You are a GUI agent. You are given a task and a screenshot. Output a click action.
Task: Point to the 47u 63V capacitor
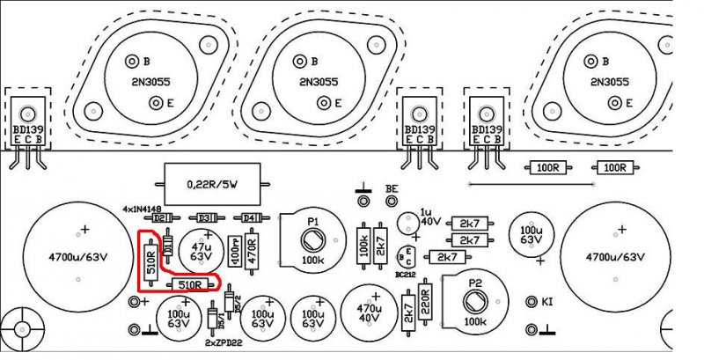(x=205, y=252)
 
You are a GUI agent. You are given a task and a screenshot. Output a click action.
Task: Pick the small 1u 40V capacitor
(x=407, y=223)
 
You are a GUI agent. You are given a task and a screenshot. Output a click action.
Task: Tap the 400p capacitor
(x=234, y=253)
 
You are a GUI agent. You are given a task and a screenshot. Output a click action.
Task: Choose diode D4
(x=250, y=217)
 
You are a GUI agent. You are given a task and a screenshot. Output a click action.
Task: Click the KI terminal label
(x=546, y=302)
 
